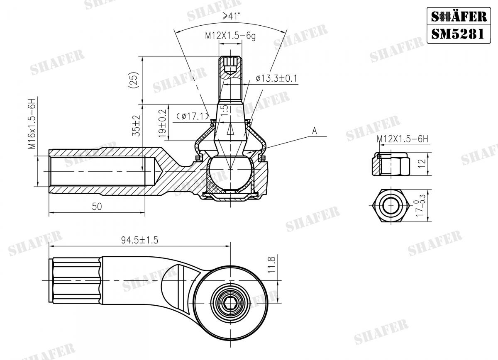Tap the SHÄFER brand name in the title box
click(x=458, y=16)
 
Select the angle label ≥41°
click(x=232, y=16)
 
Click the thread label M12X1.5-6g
click(x=230, y=36)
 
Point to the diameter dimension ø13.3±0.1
click(x=276, y=78)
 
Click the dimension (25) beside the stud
click(x=133, y=80)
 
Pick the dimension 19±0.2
click(x=162, y=123)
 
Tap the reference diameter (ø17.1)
click(x=192, y=117)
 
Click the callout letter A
click(x=315, y=131)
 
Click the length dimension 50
click(x=97, y=207)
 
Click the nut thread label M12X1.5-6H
click(x=402, y=140)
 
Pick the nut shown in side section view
click(x=391, y=164)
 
